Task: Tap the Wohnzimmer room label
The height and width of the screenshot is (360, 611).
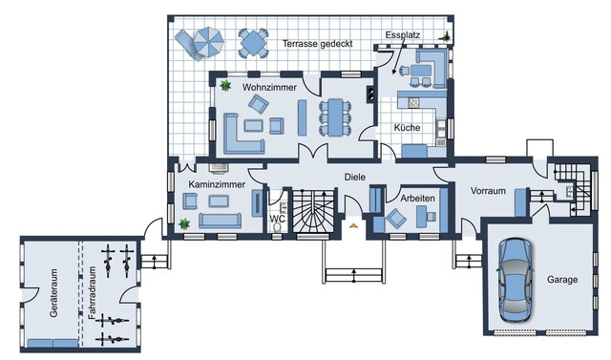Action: click(268, 87)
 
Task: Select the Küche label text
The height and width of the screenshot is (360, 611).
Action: click(410, 127)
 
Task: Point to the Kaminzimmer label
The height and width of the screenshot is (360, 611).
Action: click(217, 182)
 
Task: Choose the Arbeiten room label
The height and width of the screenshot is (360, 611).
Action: click(418, 198)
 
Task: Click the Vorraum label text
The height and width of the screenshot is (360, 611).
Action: click(488, 191)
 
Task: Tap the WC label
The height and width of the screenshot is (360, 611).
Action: click(278, 219)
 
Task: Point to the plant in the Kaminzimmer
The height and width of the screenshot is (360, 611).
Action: click(183, 222)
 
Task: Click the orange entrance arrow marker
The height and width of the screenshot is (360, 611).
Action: click(354, 226)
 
